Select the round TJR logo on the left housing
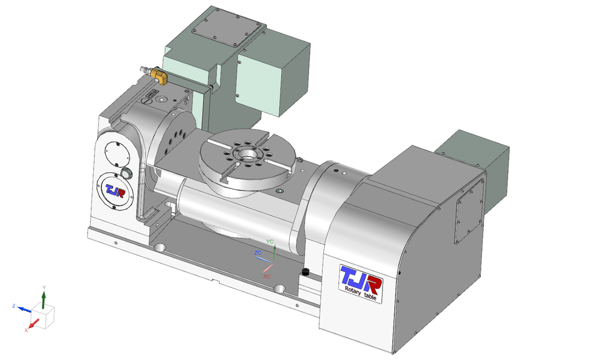tap(114, 189)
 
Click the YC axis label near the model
tap(269, 241)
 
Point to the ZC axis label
tap(257, 253)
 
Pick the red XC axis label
tap(267, 275)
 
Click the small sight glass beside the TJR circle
tap(127, 173)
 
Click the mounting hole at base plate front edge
tap(280, 288)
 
